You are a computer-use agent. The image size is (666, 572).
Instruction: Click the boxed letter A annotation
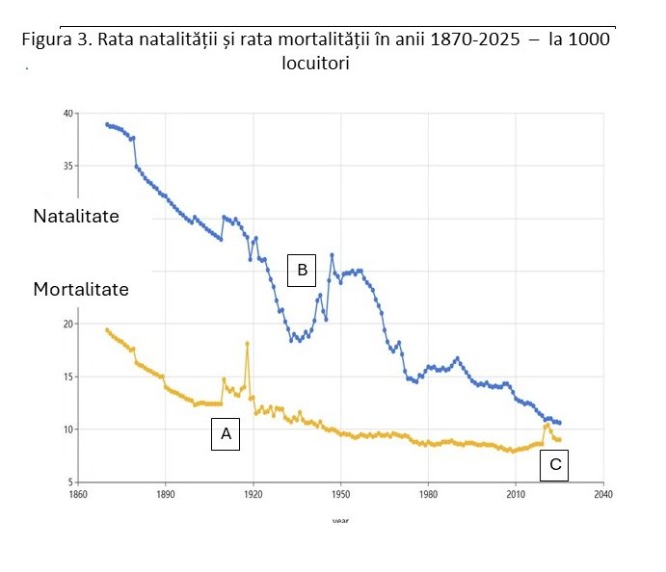coord(226,435)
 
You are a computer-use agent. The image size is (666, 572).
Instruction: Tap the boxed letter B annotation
coord(302,271)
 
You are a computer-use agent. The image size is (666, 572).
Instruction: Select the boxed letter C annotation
coord(555,465)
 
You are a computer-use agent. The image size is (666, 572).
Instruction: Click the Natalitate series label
coord(76,217)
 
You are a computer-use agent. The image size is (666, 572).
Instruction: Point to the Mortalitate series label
coord(81,289)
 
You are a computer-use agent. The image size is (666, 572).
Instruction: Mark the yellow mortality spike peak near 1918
coord(248,343)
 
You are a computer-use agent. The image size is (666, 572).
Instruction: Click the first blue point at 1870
coord(107,124)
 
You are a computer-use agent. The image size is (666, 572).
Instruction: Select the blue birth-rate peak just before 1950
coord(332,255)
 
